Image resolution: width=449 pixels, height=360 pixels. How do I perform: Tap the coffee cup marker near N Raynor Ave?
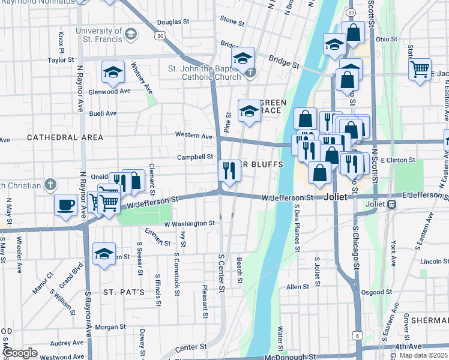click(x=65, y=205)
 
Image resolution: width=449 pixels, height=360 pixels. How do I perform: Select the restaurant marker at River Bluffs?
click(x=229, y=170)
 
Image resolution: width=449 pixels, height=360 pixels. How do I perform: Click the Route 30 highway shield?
click(x=158, y=36)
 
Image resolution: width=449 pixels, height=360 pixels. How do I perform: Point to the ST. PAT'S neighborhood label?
click(x=124, y=292)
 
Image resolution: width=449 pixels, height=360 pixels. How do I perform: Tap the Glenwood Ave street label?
click(x=109, y=92)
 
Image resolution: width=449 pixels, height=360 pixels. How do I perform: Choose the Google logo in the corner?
click(x=20, y=353)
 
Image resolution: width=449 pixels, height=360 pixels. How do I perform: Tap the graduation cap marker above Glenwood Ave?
click(x=113, y=73)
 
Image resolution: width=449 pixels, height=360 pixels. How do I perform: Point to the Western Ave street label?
click(x=193, y=136)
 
